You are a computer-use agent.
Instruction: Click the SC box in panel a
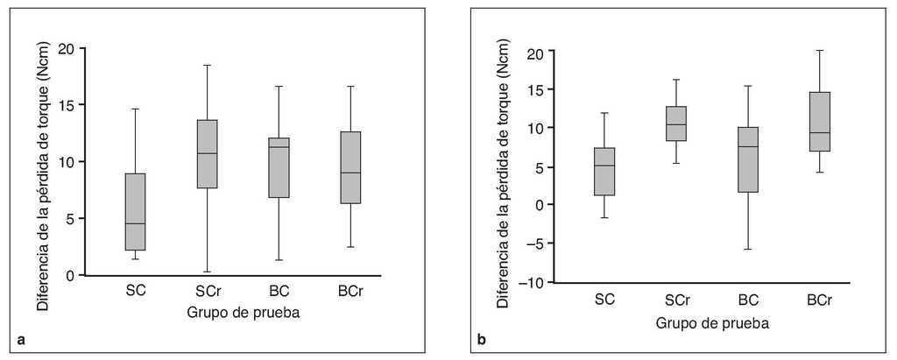click(x=135, y=212)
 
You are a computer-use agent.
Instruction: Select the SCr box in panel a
click(x=207, y=154)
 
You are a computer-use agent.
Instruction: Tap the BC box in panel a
click(x=279, y=167)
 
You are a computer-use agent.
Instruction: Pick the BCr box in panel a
click(x=350, y=167)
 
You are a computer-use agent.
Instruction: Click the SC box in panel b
click(x=604, y=172)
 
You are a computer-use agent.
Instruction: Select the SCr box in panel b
click(x=676, y=124)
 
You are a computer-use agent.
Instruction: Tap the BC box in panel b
click(x=747, y=159)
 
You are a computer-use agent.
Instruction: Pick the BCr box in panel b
click(x=818, y=122)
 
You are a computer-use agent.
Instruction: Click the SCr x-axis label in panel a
click(x=208, y=291)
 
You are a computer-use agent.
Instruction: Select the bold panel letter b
click(x=482, y=339)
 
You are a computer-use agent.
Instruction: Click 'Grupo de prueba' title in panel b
click(x=712, y=322)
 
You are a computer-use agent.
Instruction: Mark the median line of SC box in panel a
click(x=135, y=223)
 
